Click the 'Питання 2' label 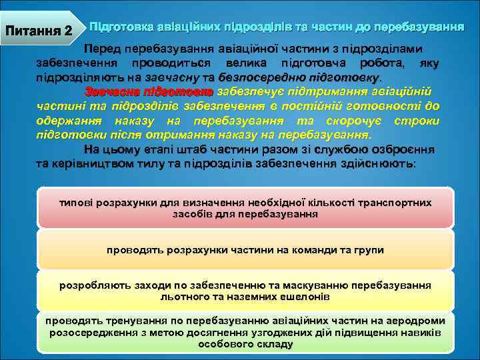click(39, 31)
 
